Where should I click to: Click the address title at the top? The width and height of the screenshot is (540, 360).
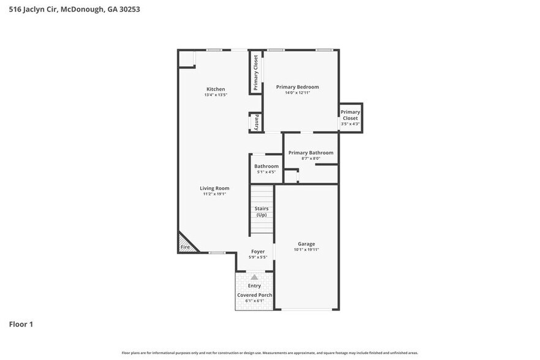70,9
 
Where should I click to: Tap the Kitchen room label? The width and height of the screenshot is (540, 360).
216,89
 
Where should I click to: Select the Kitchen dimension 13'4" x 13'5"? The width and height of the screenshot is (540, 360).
216,95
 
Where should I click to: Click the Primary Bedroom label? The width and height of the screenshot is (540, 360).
297,87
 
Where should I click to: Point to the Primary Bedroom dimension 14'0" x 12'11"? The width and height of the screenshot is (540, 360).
297,93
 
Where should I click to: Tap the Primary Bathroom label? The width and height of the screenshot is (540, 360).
310,152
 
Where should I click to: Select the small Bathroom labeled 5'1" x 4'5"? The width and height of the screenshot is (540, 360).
266,168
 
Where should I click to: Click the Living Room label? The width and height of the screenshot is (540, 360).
214,188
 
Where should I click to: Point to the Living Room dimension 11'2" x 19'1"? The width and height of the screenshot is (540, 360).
214,194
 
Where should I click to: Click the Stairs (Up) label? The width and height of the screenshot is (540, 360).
261,211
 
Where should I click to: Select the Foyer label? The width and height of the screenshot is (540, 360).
258,252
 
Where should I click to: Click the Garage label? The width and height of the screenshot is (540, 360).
306,244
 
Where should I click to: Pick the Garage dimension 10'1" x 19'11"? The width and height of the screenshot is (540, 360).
306,250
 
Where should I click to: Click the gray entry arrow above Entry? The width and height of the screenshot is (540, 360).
254,277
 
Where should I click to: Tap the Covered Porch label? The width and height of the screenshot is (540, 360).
255,295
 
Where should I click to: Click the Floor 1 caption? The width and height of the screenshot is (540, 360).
21,324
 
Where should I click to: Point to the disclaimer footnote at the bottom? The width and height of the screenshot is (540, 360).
269,353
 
